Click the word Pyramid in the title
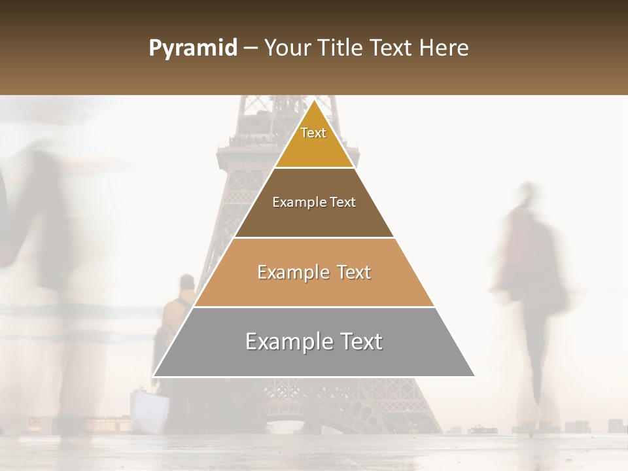(x=192, y=48)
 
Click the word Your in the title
(x=287, y=48)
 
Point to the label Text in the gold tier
(x=313, y=133)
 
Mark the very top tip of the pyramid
(x=314, y=100)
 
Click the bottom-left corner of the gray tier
(x=154, y=375)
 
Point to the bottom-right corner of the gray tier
(x=474, y=375)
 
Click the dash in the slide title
(x=251, y=48)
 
